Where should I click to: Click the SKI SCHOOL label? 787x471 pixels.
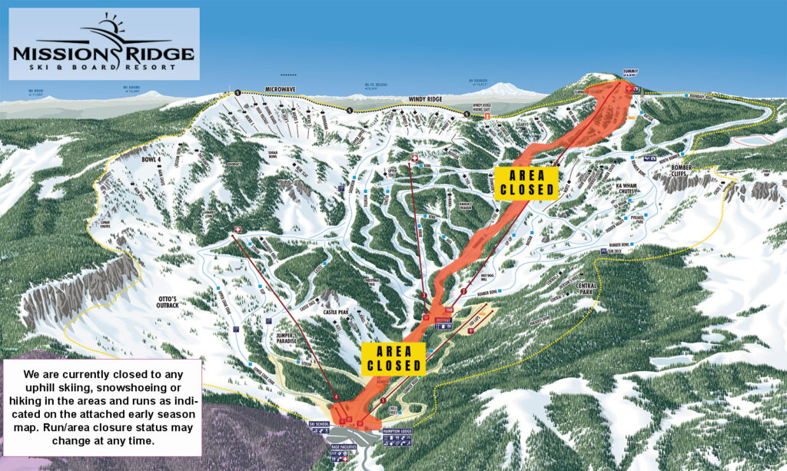tap(318, 423)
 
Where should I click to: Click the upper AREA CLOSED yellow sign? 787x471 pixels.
tap(525, 181)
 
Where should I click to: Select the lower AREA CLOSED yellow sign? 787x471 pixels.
tap(394, 358)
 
